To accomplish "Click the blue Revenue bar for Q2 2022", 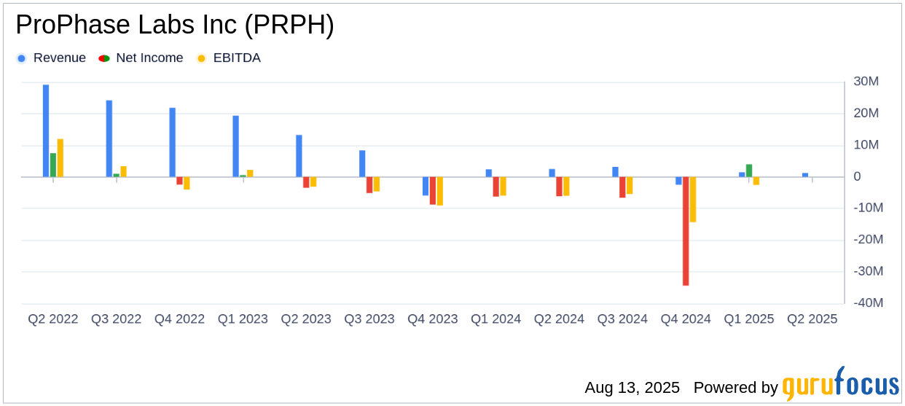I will tap(46, 130).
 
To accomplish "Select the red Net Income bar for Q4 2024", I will tap(686, 231).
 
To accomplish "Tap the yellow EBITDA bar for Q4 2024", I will tap(693, 199).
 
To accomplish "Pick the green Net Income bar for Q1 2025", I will tap(749, 171).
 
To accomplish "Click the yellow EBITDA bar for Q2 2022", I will tap(60, 157).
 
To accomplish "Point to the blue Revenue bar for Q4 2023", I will tap(426, 186).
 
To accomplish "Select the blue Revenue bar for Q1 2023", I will tap(236, 146).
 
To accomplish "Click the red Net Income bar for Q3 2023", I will tap(369, 184).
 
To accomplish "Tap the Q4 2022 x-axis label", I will tap(179, 319).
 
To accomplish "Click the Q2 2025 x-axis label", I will tap(812, 319).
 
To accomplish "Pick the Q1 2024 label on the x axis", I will tap(495, 319).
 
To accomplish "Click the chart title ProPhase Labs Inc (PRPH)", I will tap(175, 26).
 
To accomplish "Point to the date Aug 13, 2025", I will tap(632, 388).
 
